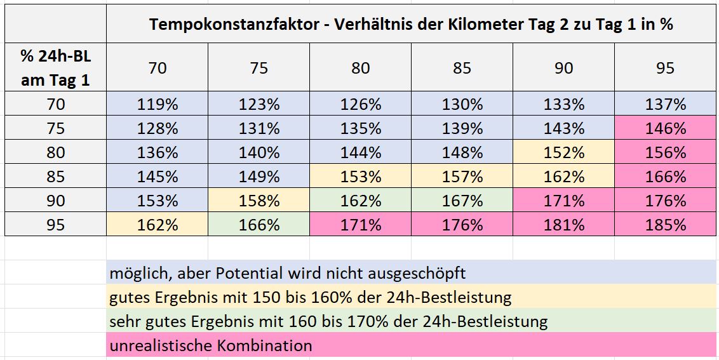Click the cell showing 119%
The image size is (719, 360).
(158, 104)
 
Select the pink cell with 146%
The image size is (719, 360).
(665, 128)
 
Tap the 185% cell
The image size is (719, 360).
(665, 225)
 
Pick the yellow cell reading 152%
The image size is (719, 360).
(563, 152)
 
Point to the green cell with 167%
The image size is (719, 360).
(462, 201)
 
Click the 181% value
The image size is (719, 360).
(563, 225)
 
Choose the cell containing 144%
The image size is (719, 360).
(360, 152)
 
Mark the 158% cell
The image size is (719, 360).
(259, 201)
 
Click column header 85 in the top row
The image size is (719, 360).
(462, 68)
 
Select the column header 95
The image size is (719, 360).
(665, 68)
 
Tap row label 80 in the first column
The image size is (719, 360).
(56, 152)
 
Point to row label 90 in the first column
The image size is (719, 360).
(56, 201)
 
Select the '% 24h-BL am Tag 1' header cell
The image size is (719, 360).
(56, 68)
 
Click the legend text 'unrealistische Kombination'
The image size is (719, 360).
(211, 346)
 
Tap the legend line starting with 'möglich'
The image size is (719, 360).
(287, 274)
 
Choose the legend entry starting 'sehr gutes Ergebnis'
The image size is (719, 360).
(328, 322)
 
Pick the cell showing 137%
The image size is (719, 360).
(665, 104)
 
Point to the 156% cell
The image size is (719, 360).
(665, 152)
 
